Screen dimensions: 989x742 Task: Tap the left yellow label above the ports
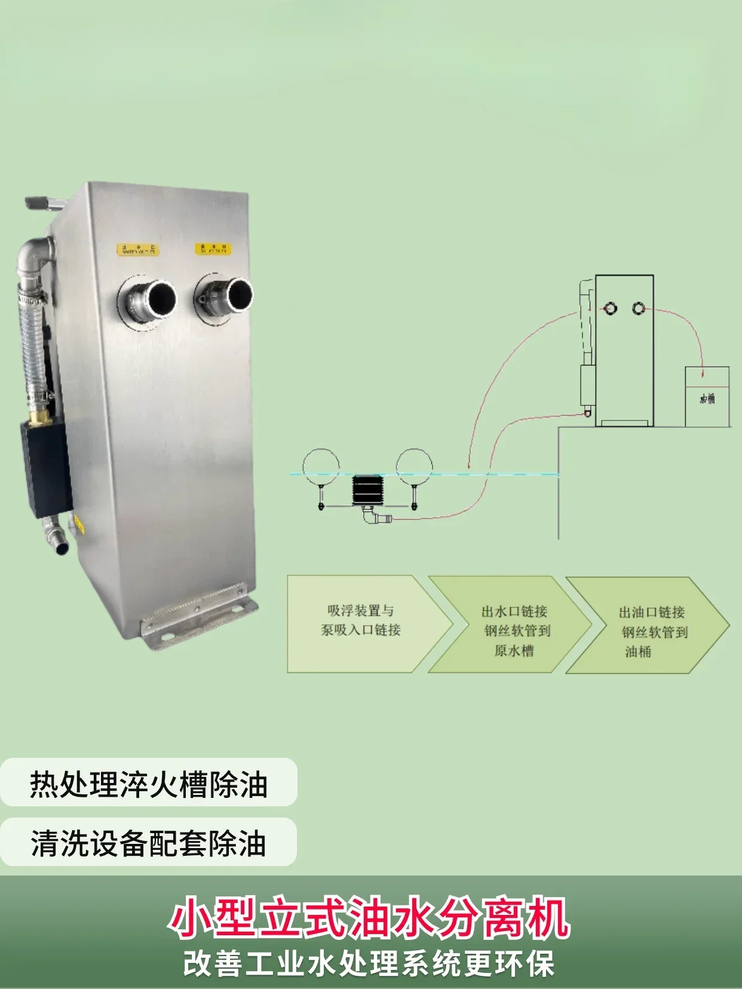pos(138,250)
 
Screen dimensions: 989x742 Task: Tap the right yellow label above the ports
pos(213,248)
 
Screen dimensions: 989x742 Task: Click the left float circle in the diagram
pos(321,466)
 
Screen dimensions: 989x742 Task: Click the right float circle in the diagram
pos(414,466)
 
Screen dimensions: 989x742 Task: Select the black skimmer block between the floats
pos(367,490)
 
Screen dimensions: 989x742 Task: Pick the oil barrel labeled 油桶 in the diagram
pos(707,396)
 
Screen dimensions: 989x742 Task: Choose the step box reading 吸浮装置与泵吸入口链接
pos(361,622)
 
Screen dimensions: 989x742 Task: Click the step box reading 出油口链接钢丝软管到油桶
pos(648,626)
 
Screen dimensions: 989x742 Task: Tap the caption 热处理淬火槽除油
pos(149,784)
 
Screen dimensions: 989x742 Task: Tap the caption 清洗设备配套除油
pos(148,843)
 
